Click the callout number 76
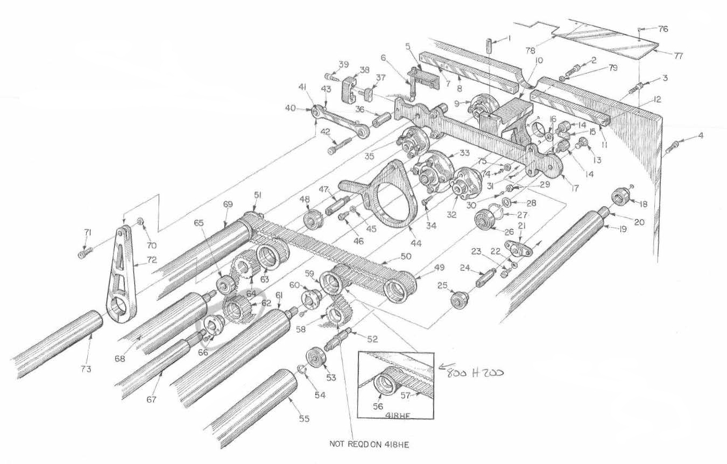tap(663, 29)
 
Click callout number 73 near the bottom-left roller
tap(86, 369)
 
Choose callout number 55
tap(305, 418)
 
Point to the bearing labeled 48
tap(312, 220)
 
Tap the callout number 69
tap(228, 204)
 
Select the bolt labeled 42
tap(338, 145)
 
